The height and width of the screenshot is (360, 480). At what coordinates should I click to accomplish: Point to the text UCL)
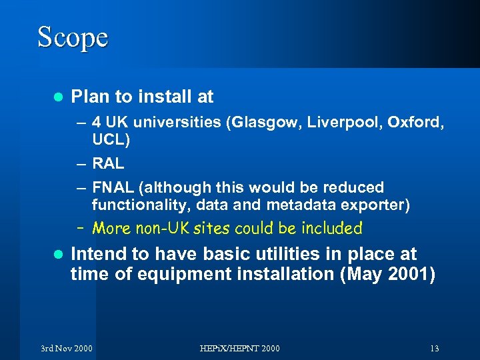point(111,140)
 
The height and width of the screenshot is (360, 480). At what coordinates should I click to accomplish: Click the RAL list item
point(108,163)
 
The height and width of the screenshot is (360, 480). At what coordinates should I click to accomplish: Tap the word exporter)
point(377,204)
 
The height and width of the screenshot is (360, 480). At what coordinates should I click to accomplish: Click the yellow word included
point(331,229)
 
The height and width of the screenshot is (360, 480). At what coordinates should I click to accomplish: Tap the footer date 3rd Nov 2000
point(66,349)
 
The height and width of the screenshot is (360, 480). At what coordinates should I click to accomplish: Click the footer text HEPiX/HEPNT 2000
point(241,349)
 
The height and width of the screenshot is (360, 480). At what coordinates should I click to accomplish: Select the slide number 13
point(434,349)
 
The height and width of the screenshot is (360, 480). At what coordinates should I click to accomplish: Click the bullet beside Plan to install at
point(57,97)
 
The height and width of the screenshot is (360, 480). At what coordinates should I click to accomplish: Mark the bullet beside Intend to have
point(57,255)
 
